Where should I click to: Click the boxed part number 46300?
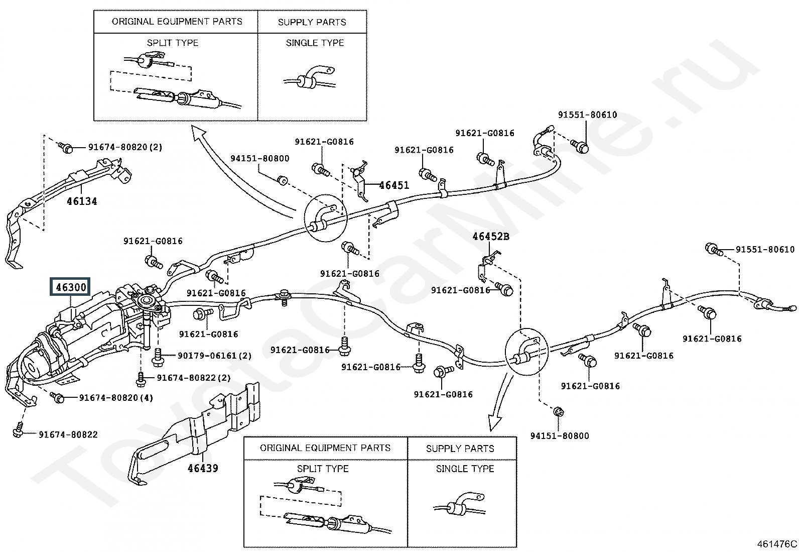point(71,287)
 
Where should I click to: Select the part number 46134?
point(82,201)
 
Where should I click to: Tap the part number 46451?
point(394,185)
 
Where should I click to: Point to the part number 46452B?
point(490,236)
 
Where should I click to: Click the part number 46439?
point(203,468)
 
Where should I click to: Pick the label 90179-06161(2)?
point(214,356)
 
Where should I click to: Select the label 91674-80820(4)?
point(116,398)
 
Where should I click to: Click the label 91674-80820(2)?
point(125,147)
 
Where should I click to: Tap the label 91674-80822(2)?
point(193,378)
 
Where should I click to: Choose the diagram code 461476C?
point(777,543)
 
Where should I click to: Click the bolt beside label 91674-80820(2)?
point(66,147)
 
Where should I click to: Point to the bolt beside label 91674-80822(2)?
point(142,377)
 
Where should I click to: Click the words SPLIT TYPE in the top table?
point(173,43)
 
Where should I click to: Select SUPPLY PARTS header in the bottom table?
point(460,449)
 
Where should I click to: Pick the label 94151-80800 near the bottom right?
point(560,436)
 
